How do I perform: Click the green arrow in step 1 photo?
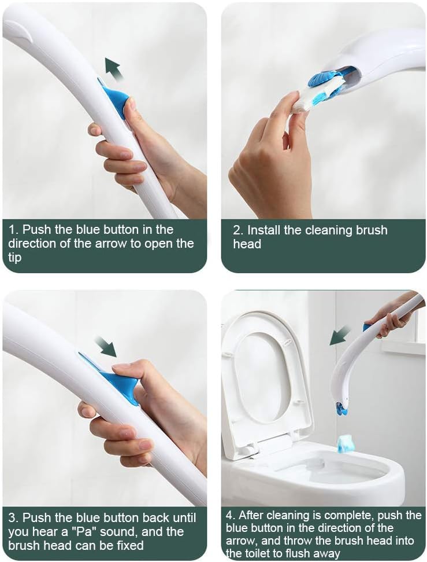[x=114, y=69]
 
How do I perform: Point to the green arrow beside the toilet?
[x=340, y=335]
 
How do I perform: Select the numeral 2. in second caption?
[x=238, y=230]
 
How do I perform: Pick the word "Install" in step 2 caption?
[x=264, y=230]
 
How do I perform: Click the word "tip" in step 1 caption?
[x=14, y=258]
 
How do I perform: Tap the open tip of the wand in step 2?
[x=352, y=76]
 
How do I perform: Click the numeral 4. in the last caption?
[x=231, y=515]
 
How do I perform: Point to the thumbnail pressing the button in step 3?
[x=120, y=368]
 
